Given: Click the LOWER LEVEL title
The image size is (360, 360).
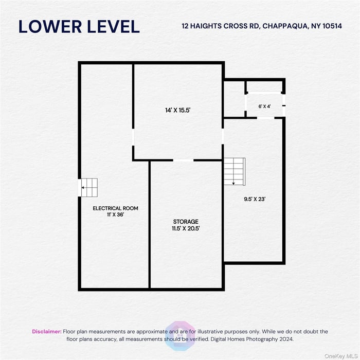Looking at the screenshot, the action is [x=79, y=27].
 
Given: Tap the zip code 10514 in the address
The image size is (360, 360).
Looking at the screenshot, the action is [x=332, y=26].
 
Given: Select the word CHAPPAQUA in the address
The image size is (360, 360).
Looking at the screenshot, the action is [x=285, y=26].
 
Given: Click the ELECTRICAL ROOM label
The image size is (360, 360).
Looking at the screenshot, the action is [x=116, y=208].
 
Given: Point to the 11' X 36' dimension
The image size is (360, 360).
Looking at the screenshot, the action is [x=116, y=214].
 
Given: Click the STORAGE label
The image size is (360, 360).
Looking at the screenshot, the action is [x=186, y=222].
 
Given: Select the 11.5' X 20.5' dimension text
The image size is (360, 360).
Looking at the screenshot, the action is [x=186, y=228].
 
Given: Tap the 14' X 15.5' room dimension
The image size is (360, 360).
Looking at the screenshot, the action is [x=178, y=110].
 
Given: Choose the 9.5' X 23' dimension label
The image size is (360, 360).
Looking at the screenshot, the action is [x=255, y=199].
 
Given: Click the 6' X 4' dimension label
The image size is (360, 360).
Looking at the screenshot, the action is [x=264, y=106].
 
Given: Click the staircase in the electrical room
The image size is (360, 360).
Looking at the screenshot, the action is [x=88, y=188].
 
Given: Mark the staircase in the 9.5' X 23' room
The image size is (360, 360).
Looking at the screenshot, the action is [x=235, y=171].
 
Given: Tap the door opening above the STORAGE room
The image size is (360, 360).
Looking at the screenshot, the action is [x=183, y=160].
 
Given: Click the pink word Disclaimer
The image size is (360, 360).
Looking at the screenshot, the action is [x=47, y=332].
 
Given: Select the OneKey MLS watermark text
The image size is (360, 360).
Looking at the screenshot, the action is [x=340, y=356].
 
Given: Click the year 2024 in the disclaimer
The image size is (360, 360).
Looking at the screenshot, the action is [x=286, y=339].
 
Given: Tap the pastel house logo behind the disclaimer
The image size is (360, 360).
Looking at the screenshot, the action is [x=181, y=336].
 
